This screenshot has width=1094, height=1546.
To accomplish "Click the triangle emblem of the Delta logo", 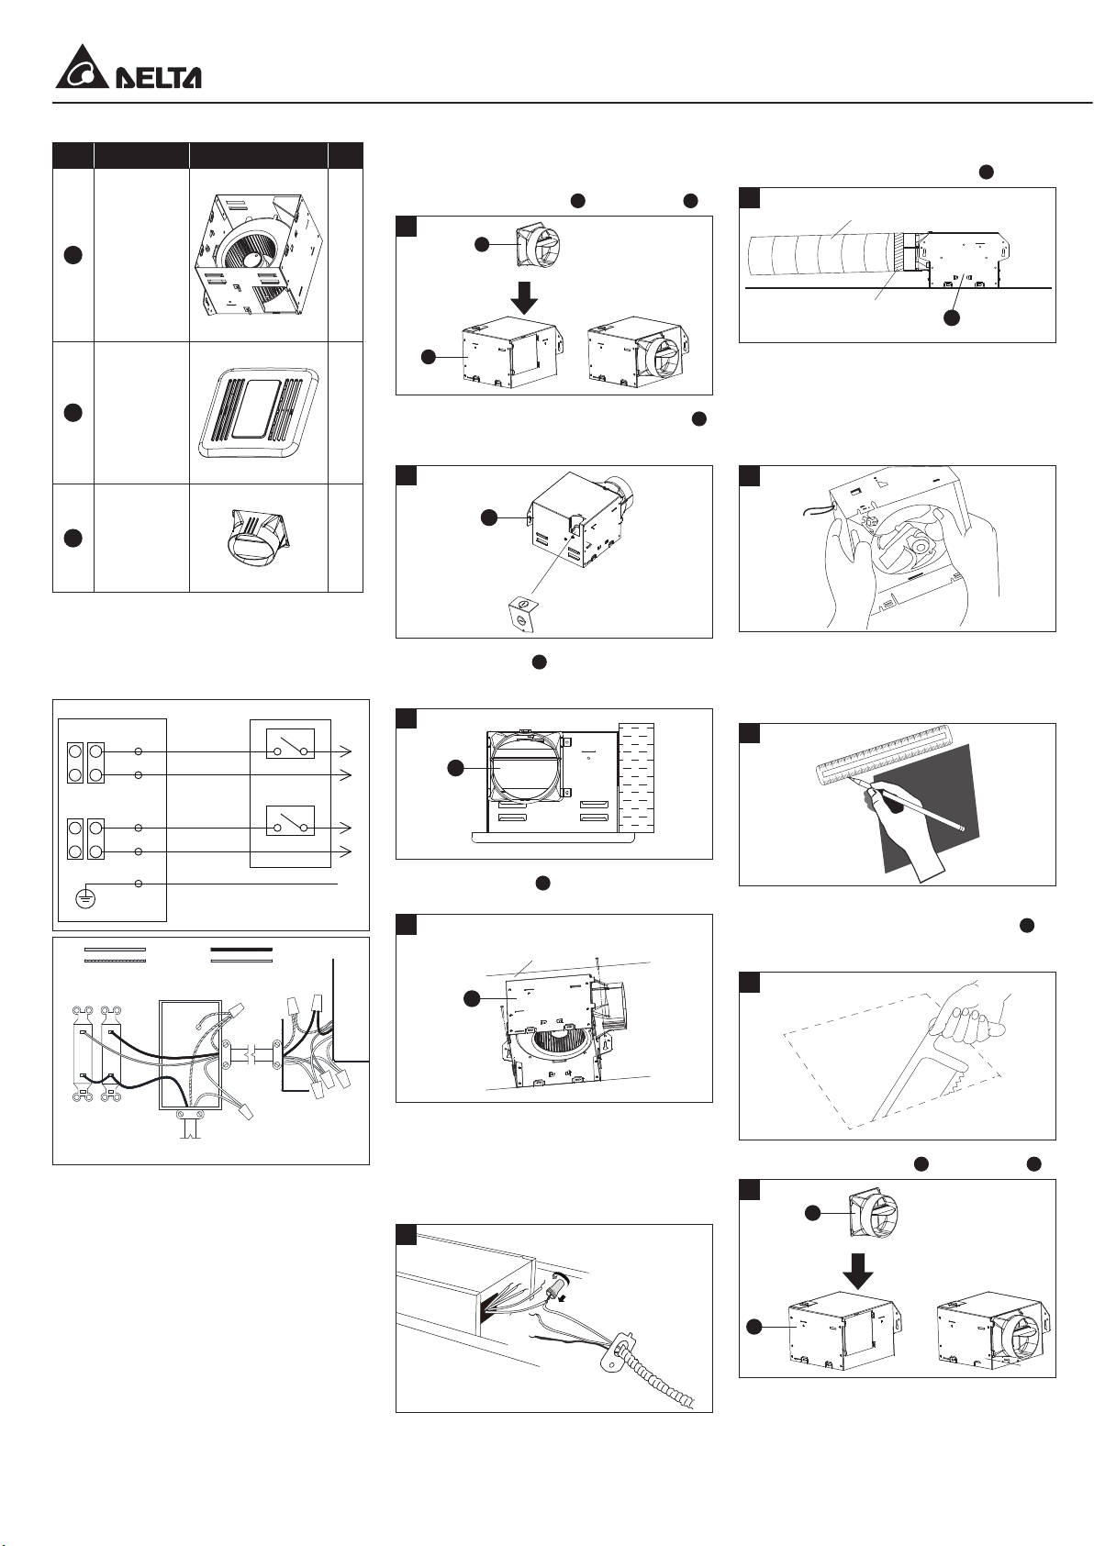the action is tap(83, 69).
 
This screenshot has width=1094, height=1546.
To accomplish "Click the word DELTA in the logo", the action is tap(158, 77).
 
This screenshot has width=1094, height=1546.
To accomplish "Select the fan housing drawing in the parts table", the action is tap(259, 254).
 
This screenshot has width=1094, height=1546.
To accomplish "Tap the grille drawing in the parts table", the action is tap(258, 413).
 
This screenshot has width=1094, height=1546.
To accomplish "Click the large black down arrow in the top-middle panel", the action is tap(526, 295).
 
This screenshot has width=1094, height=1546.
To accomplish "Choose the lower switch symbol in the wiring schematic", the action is tap(291, 820).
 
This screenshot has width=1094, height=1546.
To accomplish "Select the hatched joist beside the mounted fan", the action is tap(636, 778).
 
